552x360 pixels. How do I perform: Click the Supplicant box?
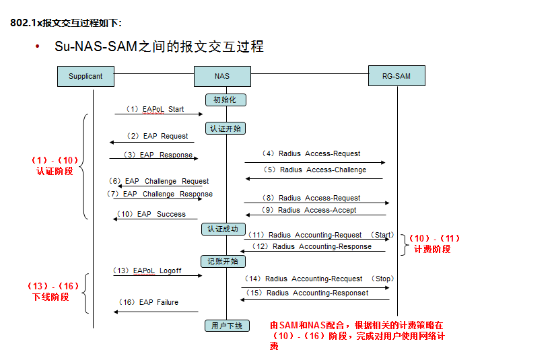coord(85,76)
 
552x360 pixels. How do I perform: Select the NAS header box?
coord(222,76)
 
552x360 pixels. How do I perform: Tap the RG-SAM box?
coord(397,76)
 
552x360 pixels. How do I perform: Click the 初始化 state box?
coord(226,100)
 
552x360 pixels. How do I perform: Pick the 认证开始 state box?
coord(226,129)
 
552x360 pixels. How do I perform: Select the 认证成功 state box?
coord(221,229)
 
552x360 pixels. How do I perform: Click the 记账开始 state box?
coord(223,261)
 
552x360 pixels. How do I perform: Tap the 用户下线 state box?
coord(226,326)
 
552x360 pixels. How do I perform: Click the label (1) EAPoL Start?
coord(155,109)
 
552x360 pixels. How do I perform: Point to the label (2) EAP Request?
coord(159,136)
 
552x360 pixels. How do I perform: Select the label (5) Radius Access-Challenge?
coord(317,170)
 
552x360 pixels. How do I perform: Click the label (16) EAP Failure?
coord(149,302)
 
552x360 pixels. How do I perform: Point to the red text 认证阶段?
coord(55,172)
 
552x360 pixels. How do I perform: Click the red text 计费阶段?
coord(432,249)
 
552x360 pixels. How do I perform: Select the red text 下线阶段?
coord(51,297)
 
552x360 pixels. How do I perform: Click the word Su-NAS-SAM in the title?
coord(97,46)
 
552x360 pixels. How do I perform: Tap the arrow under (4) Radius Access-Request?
coord(314,162)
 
